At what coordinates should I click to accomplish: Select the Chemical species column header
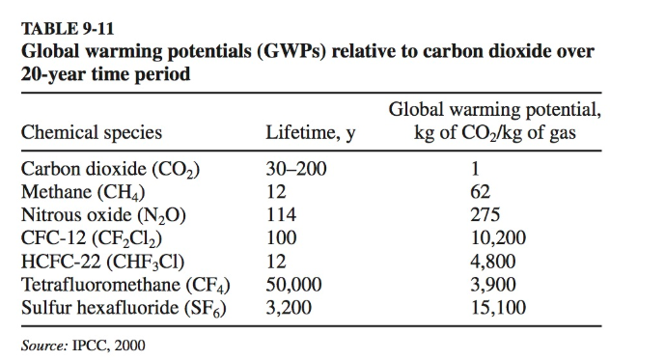point(92,133)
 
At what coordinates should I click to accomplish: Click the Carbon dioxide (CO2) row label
point(111,170)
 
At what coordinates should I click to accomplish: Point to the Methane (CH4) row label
point(90,192)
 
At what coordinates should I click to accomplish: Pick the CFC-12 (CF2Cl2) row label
point(103,237)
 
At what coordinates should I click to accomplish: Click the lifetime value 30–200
point(296,170)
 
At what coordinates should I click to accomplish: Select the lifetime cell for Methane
point(276,192)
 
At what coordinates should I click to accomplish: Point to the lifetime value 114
point(281,215)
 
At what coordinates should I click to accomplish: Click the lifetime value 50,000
point(295,284)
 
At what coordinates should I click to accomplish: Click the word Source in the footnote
point(42,344)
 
